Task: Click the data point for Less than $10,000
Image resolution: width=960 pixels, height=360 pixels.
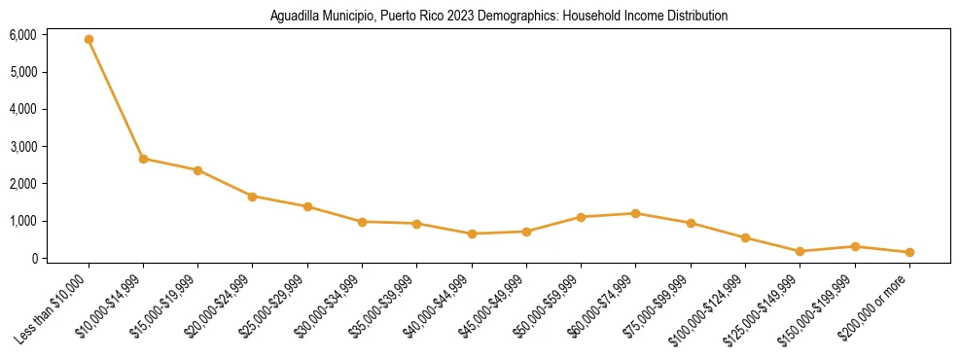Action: click(89, 40)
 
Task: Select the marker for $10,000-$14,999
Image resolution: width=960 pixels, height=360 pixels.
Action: click(143, 159)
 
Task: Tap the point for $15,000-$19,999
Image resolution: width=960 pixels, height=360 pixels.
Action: click(197, 170)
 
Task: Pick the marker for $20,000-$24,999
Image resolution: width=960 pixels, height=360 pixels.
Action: click(253, 197)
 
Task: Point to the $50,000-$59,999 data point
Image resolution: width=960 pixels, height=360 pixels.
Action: click(581, 217)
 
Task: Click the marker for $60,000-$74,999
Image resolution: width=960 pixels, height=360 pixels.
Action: click(635, 213)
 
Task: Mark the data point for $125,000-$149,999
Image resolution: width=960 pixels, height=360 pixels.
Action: click(800, 251)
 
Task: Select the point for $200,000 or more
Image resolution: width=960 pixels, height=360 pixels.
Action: click(909, 252)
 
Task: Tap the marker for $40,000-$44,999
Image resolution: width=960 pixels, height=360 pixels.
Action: click(472, 234)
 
